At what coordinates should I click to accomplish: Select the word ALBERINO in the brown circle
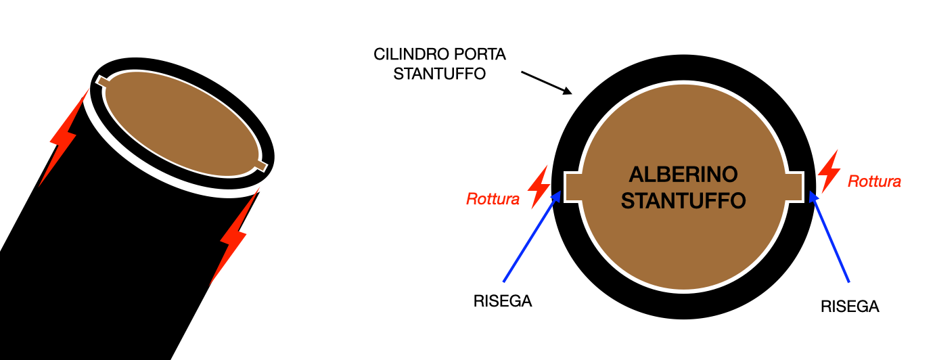click(683, 175)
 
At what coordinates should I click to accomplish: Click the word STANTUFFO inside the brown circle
click(683, 200)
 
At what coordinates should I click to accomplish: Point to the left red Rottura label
click(493, 199)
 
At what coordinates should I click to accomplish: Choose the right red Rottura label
click(874, 181)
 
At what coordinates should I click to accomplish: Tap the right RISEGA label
click(850, 306)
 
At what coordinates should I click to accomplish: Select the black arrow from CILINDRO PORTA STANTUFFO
click(547, 81)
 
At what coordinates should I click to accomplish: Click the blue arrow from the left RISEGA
click(532, 236)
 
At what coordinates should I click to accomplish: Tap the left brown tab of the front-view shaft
click(572, 187)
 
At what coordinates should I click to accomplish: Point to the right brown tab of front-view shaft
click(796, 187)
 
